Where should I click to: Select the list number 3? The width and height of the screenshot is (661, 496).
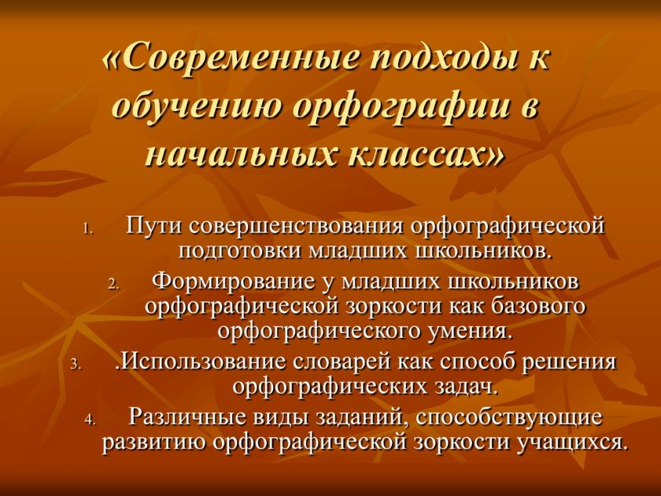(x=76, y=365)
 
